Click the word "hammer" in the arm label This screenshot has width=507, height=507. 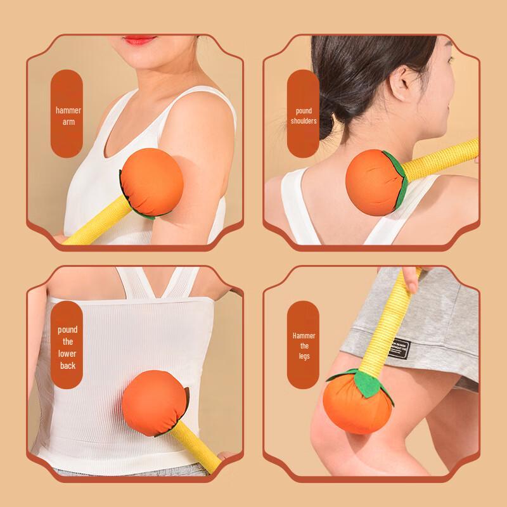pyautogui.click(x=68, y=110)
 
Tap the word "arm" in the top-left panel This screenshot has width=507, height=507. pyautogui.click(x=68, y=122)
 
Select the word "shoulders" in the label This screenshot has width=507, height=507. pyautogui.click(x=304, y=121)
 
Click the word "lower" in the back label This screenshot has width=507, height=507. pyautogui.click(x=67, y=354)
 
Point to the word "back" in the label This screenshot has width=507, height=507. pyautogui.click(x=68, y=366)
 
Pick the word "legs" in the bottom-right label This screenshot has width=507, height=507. pyautogui.click(x=304, y=356)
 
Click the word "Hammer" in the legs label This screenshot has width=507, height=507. pyautogui.click(x=304, y=336)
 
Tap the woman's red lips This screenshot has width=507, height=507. pyautogui.click(x=139, y=40)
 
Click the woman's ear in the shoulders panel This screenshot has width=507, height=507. pyautogui.click(x=401, y=83)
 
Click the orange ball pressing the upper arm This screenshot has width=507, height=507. pyautogui.click(x=152, y=182)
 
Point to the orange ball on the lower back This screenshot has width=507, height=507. pyautogui.click(x=154, y=403)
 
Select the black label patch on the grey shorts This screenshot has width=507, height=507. pyautogui.click(x=399, y=348)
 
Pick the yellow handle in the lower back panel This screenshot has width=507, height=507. pyautogui.click(x=196, y=446)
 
